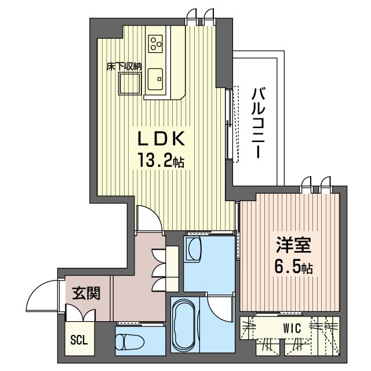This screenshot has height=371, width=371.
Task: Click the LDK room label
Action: coord(161,139)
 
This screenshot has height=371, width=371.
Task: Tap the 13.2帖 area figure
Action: coord(161,160)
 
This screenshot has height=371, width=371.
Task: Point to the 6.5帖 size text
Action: coord(293,266)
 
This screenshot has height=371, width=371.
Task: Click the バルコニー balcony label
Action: coord(258,123)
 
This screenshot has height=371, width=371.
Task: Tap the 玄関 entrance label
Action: coord(86,293)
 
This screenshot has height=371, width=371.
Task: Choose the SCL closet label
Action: coord(79,340)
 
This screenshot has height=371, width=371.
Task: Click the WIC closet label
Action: coord(292,328)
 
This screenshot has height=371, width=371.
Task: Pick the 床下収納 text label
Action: coord(123,67)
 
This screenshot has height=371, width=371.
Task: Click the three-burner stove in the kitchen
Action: coord(155,44)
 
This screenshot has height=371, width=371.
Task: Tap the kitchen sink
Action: coord(155,79)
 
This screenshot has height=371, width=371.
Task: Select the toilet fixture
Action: coord(130,341)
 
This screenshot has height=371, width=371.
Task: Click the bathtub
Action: coord(184,326)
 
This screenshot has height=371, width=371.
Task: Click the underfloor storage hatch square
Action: coord(130,83)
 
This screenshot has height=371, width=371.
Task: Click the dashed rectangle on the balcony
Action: coord(236,124)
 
